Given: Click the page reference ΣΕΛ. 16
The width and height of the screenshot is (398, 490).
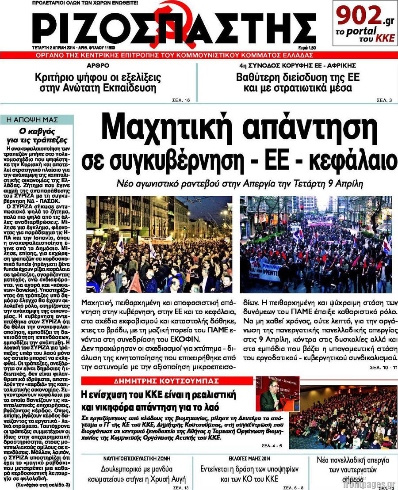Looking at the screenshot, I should coord(181,100).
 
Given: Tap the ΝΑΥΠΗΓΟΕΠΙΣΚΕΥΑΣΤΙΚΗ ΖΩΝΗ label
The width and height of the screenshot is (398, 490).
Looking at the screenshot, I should coord(137,458).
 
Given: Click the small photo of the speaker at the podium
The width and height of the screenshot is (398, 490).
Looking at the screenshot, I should coord(271,395).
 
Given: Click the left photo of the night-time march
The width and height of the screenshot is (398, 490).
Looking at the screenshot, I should coord(159,244).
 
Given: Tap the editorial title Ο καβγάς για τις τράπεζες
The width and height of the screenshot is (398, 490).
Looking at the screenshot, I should coord(37,136).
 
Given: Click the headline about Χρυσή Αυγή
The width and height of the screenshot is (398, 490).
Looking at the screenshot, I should coord(137,474).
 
